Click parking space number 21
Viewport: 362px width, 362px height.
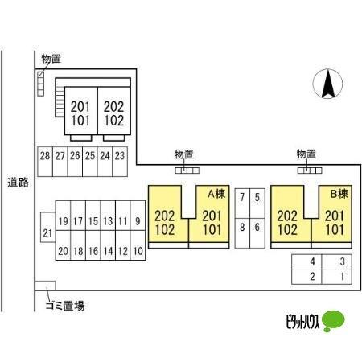pos(48,228)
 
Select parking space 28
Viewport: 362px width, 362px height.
pos(45,162)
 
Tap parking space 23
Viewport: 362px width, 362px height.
pos(120,162)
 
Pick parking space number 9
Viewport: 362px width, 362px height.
pos(138,216)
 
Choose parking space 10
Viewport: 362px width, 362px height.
pos(138,245)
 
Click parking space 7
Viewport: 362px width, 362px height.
pos(242,204)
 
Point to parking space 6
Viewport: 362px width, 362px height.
pos(257,233)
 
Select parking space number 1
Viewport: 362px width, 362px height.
pos(336,277)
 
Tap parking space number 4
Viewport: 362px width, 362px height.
pos(306,261)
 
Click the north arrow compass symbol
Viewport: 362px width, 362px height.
pos(327,84)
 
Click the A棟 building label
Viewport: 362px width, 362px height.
pos(216,194)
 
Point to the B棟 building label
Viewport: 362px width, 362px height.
pos(339,194)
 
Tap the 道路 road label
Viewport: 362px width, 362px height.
pos(19,183)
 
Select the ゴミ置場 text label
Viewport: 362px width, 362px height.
pos(65,306)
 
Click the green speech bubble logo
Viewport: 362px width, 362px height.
pos(333,321)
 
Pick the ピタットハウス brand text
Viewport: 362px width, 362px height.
pos(302,321)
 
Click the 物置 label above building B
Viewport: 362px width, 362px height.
pos(306,154)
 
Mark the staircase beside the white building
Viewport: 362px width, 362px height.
pos(60,101)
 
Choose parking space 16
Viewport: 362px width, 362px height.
pos(93,245)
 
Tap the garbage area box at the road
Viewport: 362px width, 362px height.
pos(45,286)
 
